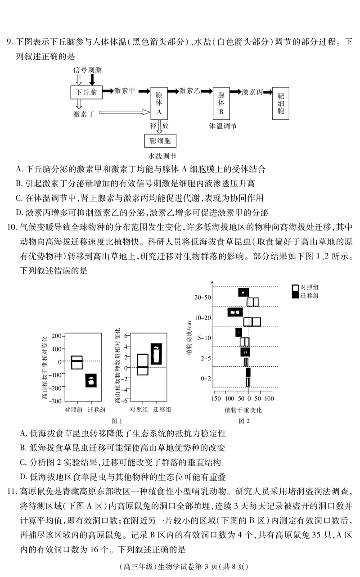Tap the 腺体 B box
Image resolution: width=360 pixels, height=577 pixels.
click(221, 103)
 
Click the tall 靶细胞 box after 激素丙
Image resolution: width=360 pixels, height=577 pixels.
click(281, 103)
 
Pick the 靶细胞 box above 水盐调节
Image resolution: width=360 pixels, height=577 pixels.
click(161, 141)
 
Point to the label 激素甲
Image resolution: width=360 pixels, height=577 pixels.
click(125, 90)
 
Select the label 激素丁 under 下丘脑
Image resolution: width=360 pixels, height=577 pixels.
click(84, 114)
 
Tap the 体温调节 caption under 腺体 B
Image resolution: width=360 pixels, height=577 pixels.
click(223, 126)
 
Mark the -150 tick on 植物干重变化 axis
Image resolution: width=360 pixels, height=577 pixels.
click(217, 399)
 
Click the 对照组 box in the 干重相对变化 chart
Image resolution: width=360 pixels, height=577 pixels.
click(77, 362)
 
